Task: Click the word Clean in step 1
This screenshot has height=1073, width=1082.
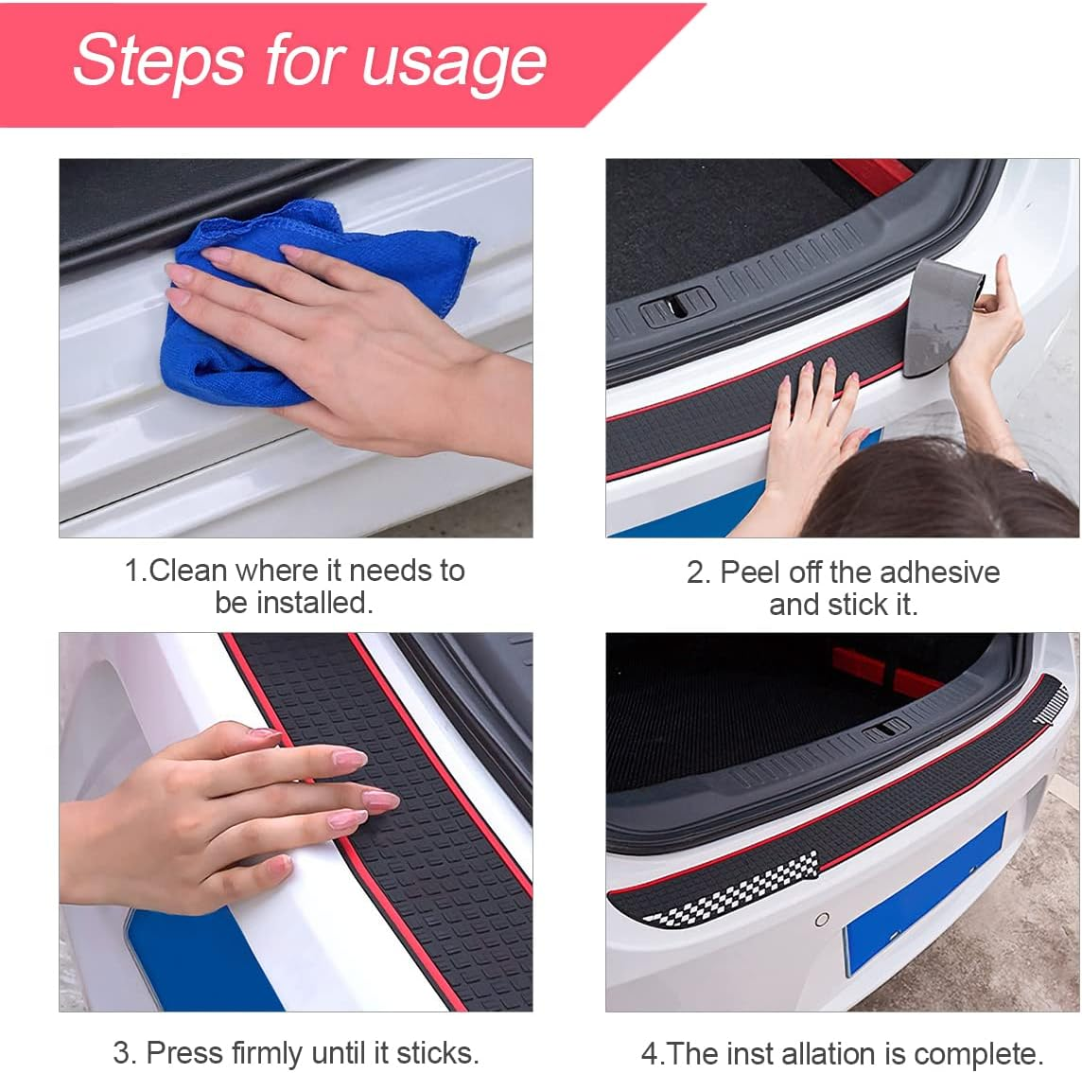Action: (x=188, y=571)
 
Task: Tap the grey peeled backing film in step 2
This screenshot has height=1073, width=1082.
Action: (x=941, y=317)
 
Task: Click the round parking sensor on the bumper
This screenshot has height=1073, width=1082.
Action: (x=822, y=919)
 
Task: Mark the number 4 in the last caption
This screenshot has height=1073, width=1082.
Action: (x=649, y=1054)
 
